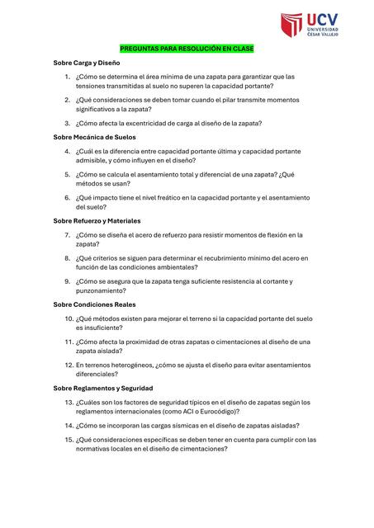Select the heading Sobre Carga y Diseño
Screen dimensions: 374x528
(x=87, y=63)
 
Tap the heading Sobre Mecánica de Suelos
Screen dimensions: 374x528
(x=95, y=137)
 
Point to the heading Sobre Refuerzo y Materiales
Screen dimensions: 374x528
(x=97, y=221)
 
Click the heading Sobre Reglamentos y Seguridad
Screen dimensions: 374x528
(x=103, y=388)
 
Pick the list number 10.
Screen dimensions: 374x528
(x=69, y=318)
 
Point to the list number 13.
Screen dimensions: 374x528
(x=69, y=403)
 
